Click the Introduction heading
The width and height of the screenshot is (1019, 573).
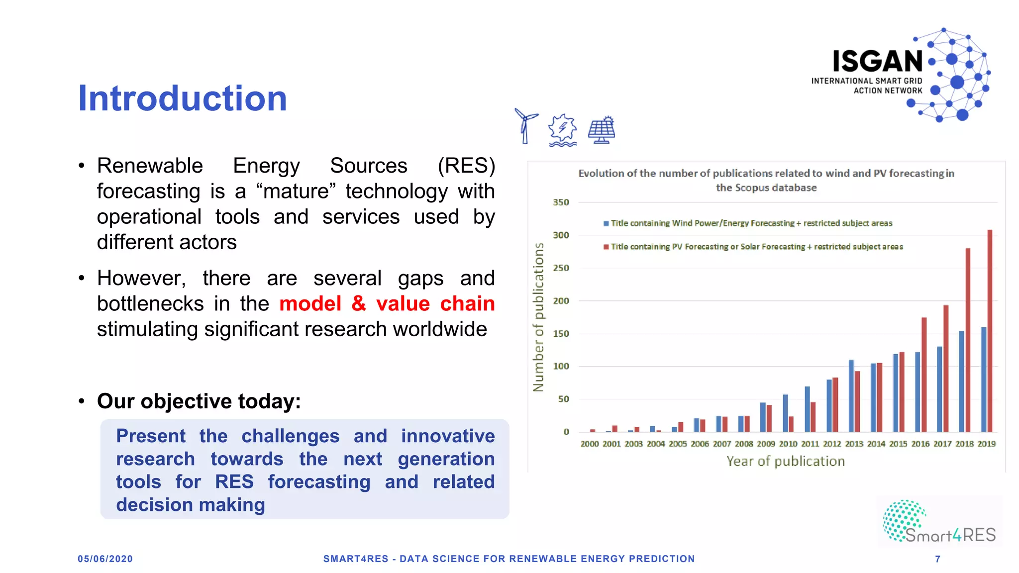click(183, 98)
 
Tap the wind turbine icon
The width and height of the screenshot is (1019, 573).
click(525, 126)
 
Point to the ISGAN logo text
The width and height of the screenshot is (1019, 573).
click(878, 62)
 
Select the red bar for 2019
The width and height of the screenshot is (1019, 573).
click(990, 331)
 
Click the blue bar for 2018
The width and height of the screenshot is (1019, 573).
click(961, 381)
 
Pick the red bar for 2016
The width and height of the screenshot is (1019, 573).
click(924, 374)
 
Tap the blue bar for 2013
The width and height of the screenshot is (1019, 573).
click(851, 395)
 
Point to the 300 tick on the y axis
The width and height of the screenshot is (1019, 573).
click(561, 235)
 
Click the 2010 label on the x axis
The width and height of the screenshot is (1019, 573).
click(788, 444)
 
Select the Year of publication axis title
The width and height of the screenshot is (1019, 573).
click(785, 462)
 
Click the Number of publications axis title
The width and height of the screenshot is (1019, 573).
click(538, 317)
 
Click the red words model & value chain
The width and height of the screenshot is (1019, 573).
click(387, 303)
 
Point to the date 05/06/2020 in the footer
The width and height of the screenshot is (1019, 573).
click(105, 559)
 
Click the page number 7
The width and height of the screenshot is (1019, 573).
click(937, 559)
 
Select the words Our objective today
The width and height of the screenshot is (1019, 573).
click(199, 401)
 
